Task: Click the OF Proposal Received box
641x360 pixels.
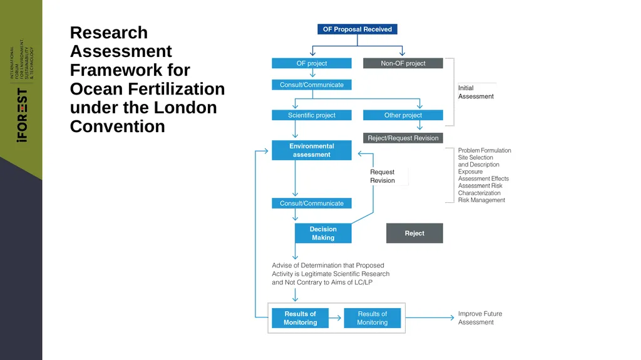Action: (x=357, y=29)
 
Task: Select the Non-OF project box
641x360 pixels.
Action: (x=403, y=63)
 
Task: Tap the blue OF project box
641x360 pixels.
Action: (x=312, y=63)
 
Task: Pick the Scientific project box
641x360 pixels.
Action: (x=312, y=115)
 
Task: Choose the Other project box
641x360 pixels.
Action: (x=403, y=115)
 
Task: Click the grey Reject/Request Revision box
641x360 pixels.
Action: (x=403, y=138)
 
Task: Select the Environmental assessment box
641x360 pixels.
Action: (x=312, y=150)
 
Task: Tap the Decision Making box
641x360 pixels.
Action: (x=323, y=233)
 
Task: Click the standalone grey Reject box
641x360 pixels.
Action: (x=414, y=233)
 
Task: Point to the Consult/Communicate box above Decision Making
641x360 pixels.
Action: (x=312, y=203)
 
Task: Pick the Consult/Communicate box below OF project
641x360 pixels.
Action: (x=312, y=85)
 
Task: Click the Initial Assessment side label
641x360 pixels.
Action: (x=476, y=92)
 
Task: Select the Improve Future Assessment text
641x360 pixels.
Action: (x=480, y=318)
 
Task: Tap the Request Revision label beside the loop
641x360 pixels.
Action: (x=382, y=176)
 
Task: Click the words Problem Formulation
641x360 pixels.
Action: (x=485, y=150)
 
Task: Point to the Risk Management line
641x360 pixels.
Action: (x=481, y=200)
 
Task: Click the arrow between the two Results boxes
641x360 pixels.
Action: (x=335, y=318)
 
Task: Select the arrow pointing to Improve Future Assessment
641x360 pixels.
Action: (x=429, y=317)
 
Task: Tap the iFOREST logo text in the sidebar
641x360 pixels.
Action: (x=22, y=115)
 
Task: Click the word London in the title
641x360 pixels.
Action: (x=185, y=108)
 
